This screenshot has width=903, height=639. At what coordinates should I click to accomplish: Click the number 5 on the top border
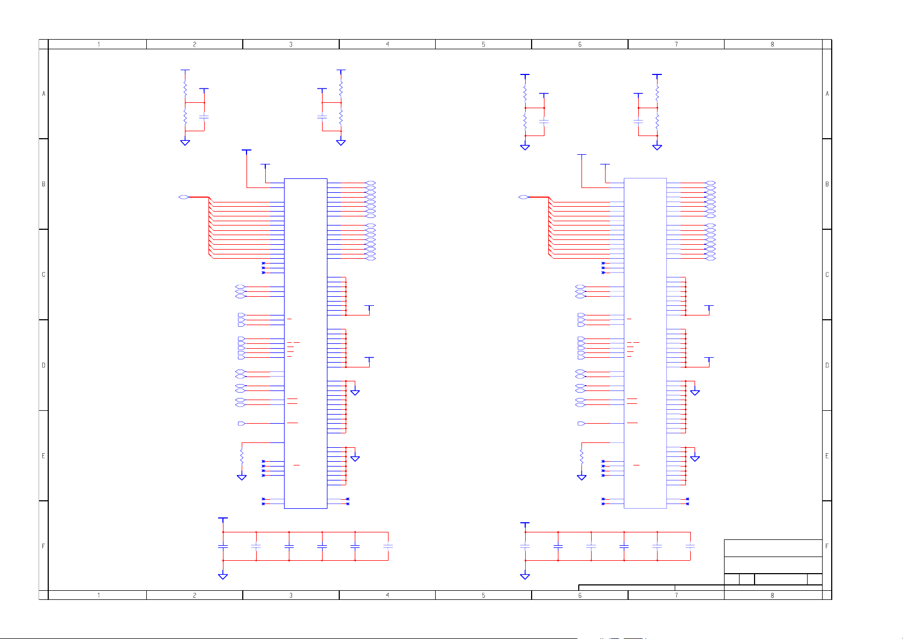483,44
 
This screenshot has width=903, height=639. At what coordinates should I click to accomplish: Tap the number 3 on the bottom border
290,595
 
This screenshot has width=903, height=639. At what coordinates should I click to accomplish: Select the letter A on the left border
43,94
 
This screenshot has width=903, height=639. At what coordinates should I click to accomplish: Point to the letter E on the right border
827,456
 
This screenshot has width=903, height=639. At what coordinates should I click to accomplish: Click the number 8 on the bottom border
772,595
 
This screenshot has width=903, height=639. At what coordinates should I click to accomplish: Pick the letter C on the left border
43,275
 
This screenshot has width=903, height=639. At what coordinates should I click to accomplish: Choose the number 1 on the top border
99,44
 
